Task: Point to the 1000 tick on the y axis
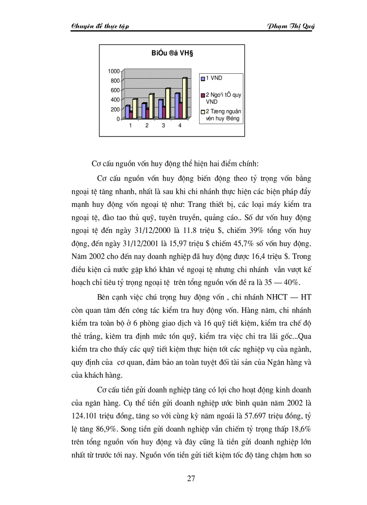point(113,71)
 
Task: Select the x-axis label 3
point(163,125)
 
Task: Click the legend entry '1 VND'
point(213,78)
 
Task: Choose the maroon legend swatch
point(202,95)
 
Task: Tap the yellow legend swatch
point(202,113)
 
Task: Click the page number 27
point(191,478)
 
